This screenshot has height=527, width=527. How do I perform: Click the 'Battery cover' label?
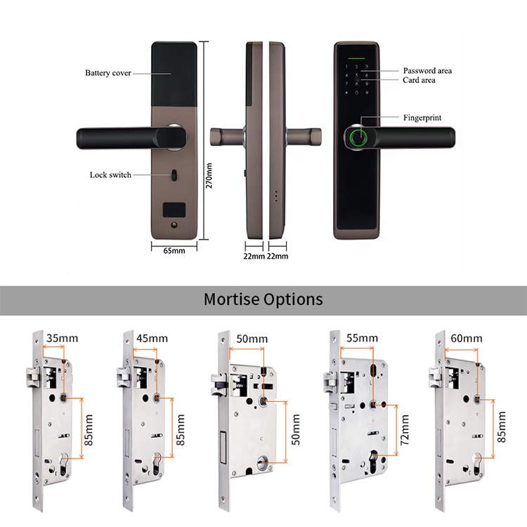(x=108, y=72)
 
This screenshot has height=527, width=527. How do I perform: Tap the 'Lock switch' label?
(x=110, y=174)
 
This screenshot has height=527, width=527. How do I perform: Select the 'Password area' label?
(x=427, y=70)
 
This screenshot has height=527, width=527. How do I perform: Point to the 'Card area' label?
(x=419, y=80)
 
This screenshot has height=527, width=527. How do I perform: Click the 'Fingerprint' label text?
(x=422, y=117)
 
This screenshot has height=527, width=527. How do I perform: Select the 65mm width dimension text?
(x=174, y=250)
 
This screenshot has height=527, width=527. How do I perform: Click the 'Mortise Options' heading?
(x=263, y=299)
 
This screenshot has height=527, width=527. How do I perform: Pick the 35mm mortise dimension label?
(x=62, y=338)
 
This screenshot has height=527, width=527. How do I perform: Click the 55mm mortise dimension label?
(x=362, y=337)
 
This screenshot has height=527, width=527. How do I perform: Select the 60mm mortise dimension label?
(x=465, y=338)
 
